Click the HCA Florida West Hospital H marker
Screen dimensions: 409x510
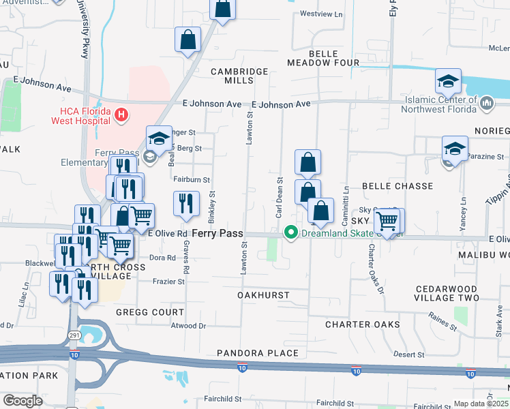coord(121,114)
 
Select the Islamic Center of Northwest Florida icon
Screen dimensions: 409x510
coord(487,103)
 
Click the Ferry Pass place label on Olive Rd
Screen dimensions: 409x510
coord(217,233)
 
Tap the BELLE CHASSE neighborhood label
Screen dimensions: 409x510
coord(397,186)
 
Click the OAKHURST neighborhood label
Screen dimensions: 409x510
coord(263,295)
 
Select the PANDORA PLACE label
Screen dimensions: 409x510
coord(258,353)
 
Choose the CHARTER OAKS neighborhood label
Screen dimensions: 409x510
coord(362,324)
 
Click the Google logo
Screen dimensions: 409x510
coord(22,401)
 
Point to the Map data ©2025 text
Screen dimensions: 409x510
coord(481,404)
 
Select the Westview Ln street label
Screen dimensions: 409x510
coord(321,14)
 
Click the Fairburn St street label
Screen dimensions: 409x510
coord(192,180)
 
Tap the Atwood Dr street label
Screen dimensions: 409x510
coord(188,326)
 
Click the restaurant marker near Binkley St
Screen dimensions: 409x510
coord(186,203)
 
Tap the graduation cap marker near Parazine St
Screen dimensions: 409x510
coord(455,148)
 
